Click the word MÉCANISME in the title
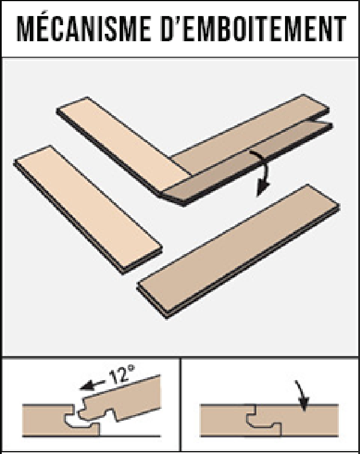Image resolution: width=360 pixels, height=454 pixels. click(84, 28)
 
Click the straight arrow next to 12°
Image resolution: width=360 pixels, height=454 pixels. click(92, 385)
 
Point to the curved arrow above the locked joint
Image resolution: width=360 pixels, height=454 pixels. click(302, 395)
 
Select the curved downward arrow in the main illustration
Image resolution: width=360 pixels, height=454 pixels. click(264, 171)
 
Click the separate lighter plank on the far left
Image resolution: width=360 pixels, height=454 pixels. click(88, 209)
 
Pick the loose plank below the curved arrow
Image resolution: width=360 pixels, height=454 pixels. click(239, 251)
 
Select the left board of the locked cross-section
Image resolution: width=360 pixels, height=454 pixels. click(226, 420)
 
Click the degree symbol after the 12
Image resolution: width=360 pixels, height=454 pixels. click(132, 368)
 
